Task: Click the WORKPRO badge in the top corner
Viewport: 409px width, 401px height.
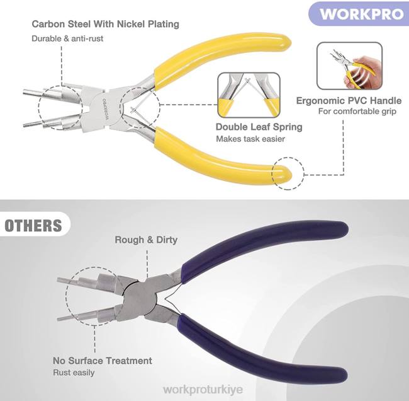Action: pos(361,14)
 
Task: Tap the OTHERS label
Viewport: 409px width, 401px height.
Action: pos(33,226)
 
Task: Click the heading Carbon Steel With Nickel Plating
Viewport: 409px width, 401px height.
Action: pos(106,25)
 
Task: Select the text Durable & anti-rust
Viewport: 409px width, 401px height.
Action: pos(67,38)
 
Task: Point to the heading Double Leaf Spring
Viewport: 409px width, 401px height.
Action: pos(259,127)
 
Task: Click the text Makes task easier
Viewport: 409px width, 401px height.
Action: pos(250,139)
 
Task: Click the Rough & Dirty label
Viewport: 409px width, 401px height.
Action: pos(146,240)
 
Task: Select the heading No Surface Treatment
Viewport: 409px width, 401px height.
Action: pos(103,361)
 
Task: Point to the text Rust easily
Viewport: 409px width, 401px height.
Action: pos(74,373)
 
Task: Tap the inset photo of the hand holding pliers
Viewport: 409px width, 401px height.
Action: pos(349,66)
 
